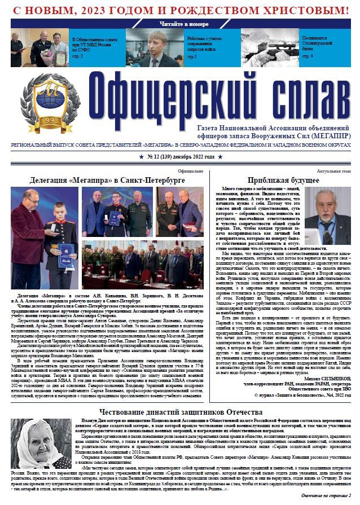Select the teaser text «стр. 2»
[78, 57]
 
